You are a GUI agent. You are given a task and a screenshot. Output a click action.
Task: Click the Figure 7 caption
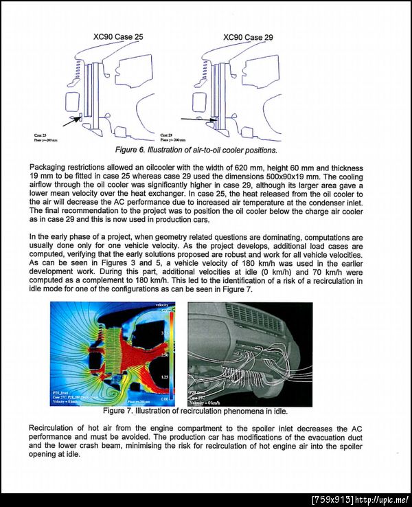tap(194, 411)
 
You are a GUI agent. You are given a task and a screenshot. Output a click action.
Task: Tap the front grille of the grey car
tap(254, 317)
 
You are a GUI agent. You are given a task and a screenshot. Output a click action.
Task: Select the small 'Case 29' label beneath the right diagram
tap(165, 135)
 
